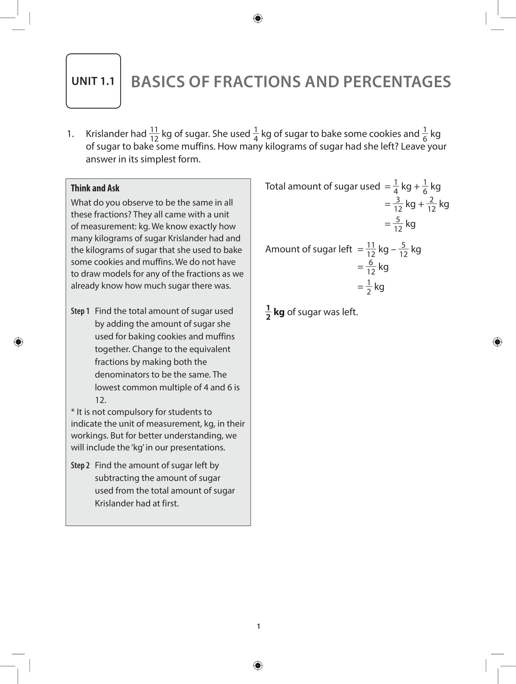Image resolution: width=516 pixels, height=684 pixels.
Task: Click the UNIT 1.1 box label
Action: pyautogui.click(x=93, y=81)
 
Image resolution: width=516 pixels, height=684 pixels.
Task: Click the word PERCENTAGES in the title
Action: pyautogui.click(x=397, y=82)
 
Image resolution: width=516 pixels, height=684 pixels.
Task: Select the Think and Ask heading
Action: pyautogui.click(x=95, y=188)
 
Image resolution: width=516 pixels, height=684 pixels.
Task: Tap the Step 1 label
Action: pyautogui.click(x=80, y=311)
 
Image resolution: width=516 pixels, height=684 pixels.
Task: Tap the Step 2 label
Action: pyautogui.click(x=80, y=465)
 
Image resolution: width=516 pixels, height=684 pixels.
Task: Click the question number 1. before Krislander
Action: pyautogui.click(x=70, y=134)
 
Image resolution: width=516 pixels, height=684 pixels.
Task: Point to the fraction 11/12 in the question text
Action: pyautogui.click(x=154, y=134)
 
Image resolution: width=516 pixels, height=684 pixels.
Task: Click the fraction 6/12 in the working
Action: pyautogui.click(x=371, y=267)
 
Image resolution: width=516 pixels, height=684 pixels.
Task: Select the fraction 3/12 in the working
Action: pyautogui.click(x=398, y=204)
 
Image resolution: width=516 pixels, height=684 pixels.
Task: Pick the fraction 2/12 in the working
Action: pyautogui.click(x=431, y=204)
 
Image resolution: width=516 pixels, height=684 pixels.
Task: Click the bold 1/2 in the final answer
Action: pyautogui.click(x=268, y=312)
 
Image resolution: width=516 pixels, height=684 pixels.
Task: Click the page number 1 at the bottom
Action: pyautogui.click(x=259, y=626)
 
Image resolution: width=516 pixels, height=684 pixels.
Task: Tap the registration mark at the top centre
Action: pyautogui.click(x=258, y=19)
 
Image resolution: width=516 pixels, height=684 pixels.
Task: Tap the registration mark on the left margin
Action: pyautogui.click(x=18, y=342)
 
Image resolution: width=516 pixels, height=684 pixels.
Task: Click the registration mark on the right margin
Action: pyautogui.click(x=497, y=342)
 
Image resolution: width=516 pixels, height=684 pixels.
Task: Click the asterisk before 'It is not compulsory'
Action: pyautogui.click(x=73, y=412)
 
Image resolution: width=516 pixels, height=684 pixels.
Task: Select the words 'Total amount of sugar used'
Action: pyautogui.click(x=322, y=186)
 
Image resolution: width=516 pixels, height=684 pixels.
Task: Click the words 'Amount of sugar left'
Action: pyautogui.click(x=308, y=249)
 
